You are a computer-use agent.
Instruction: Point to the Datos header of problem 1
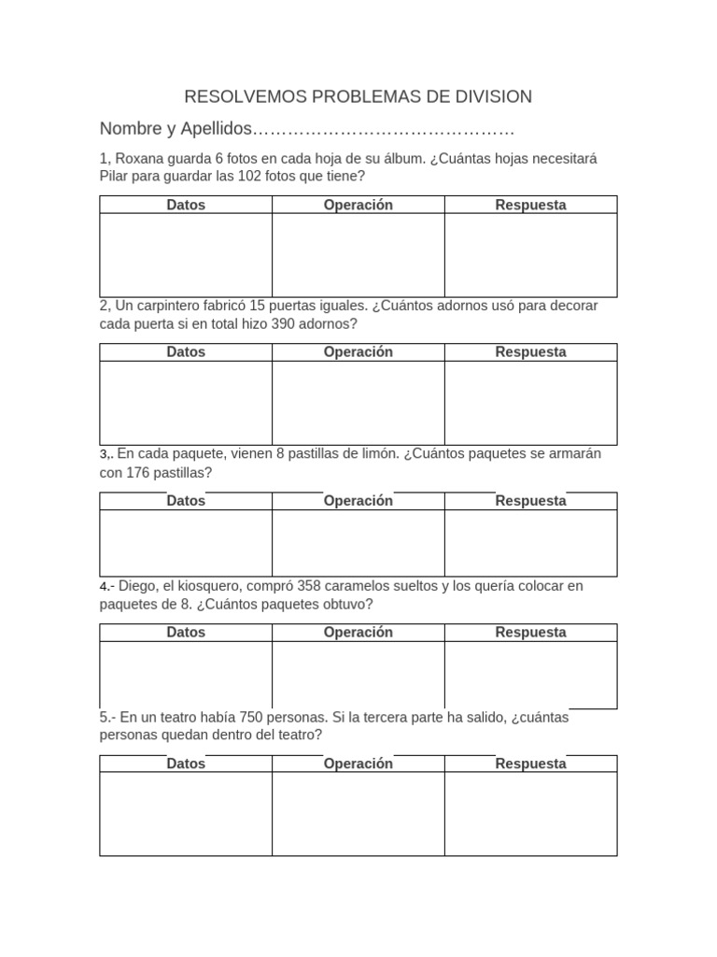[186, 205]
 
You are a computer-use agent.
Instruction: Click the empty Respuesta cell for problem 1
[530, 255]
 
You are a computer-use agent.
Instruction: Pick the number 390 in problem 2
[287, 324]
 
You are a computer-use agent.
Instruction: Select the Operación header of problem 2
[358, 352]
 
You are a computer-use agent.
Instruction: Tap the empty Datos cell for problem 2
[186, 403]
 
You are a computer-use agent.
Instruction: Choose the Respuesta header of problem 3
[530, 501]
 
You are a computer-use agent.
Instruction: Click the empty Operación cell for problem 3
[358, 543]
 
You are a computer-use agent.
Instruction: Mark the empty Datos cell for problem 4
[186, 675]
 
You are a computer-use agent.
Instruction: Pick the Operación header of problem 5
[358, 764]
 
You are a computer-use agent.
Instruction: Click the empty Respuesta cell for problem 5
[530, 813]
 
